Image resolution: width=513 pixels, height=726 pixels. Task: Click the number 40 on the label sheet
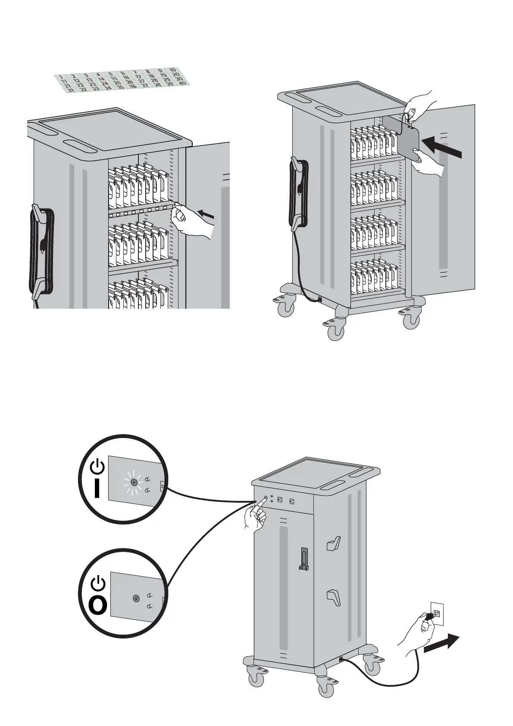point(182,83)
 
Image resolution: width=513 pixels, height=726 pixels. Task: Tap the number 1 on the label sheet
point(62,77)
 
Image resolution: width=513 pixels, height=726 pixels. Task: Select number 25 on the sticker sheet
point(117,82)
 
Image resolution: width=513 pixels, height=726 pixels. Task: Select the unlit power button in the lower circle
point(136,598)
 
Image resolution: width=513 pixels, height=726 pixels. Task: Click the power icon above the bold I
point(99,465)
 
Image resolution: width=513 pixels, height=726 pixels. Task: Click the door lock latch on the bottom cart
point(304,559)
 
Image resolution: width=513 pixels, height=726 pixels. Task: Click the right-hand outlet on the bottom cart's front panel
point(292,501)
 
